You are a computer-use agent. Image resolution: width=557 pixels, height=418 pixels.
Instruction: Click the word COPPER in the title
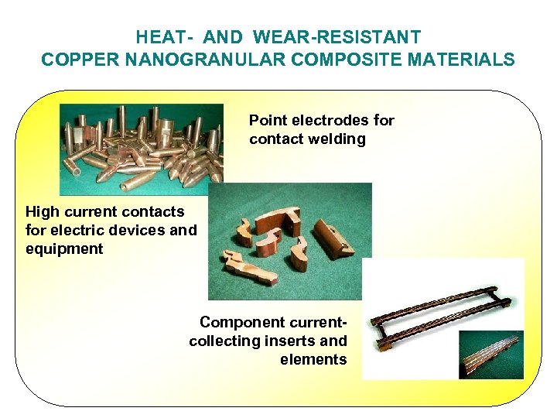coord(77,60)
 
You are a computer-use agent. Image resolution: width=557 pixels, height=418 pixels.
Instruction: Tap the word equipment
coord(64,249)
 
